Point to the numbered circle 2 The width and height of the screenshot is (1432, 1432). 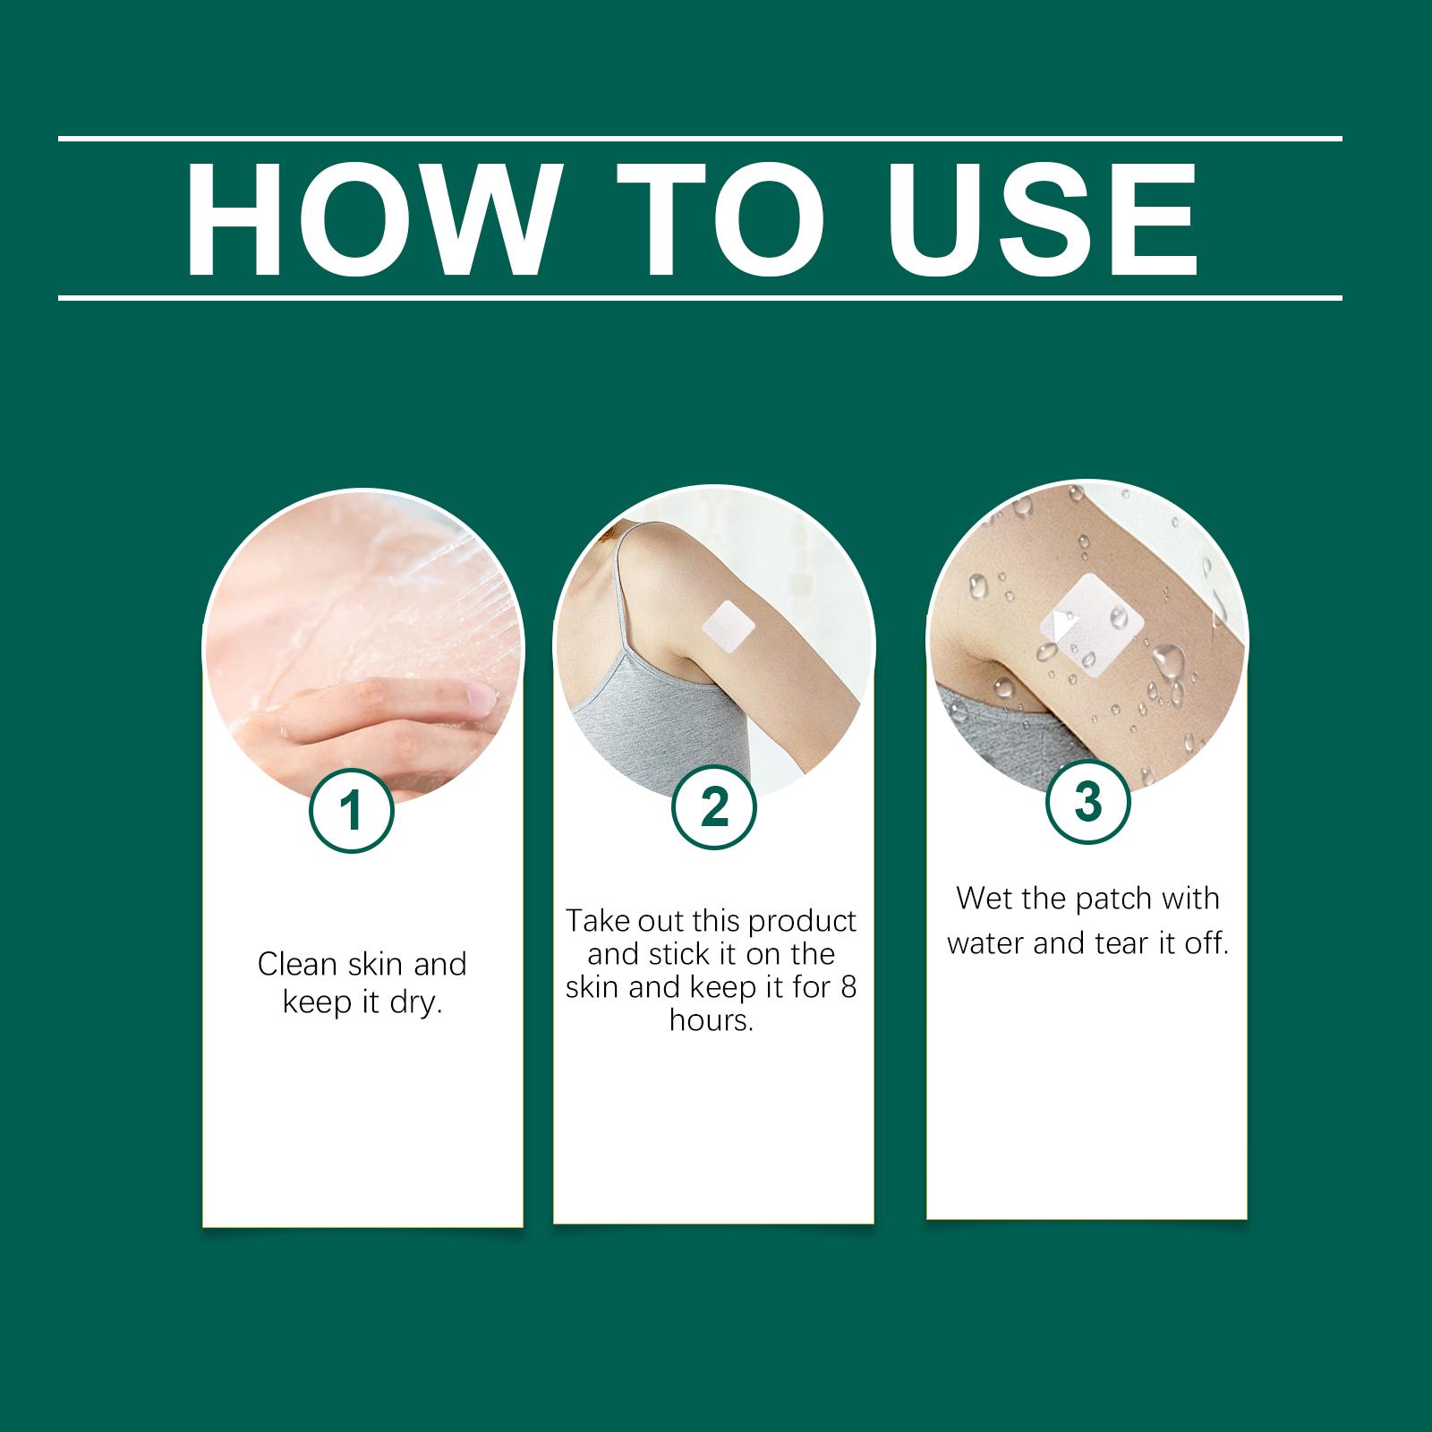(x=714, y=807)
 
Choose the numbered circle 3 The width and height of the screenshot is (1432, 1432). (x=1087, y=801)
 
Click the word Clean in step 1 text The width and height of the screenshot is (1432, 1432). (x=297, y=964)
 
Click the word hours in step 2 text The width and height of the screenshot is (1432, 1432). (x=712, y=1020)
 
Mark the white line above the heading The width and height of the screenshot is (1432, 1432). (x=700, y=139)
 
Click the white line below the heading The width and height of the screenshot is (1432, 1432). (x=700, y=297)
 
